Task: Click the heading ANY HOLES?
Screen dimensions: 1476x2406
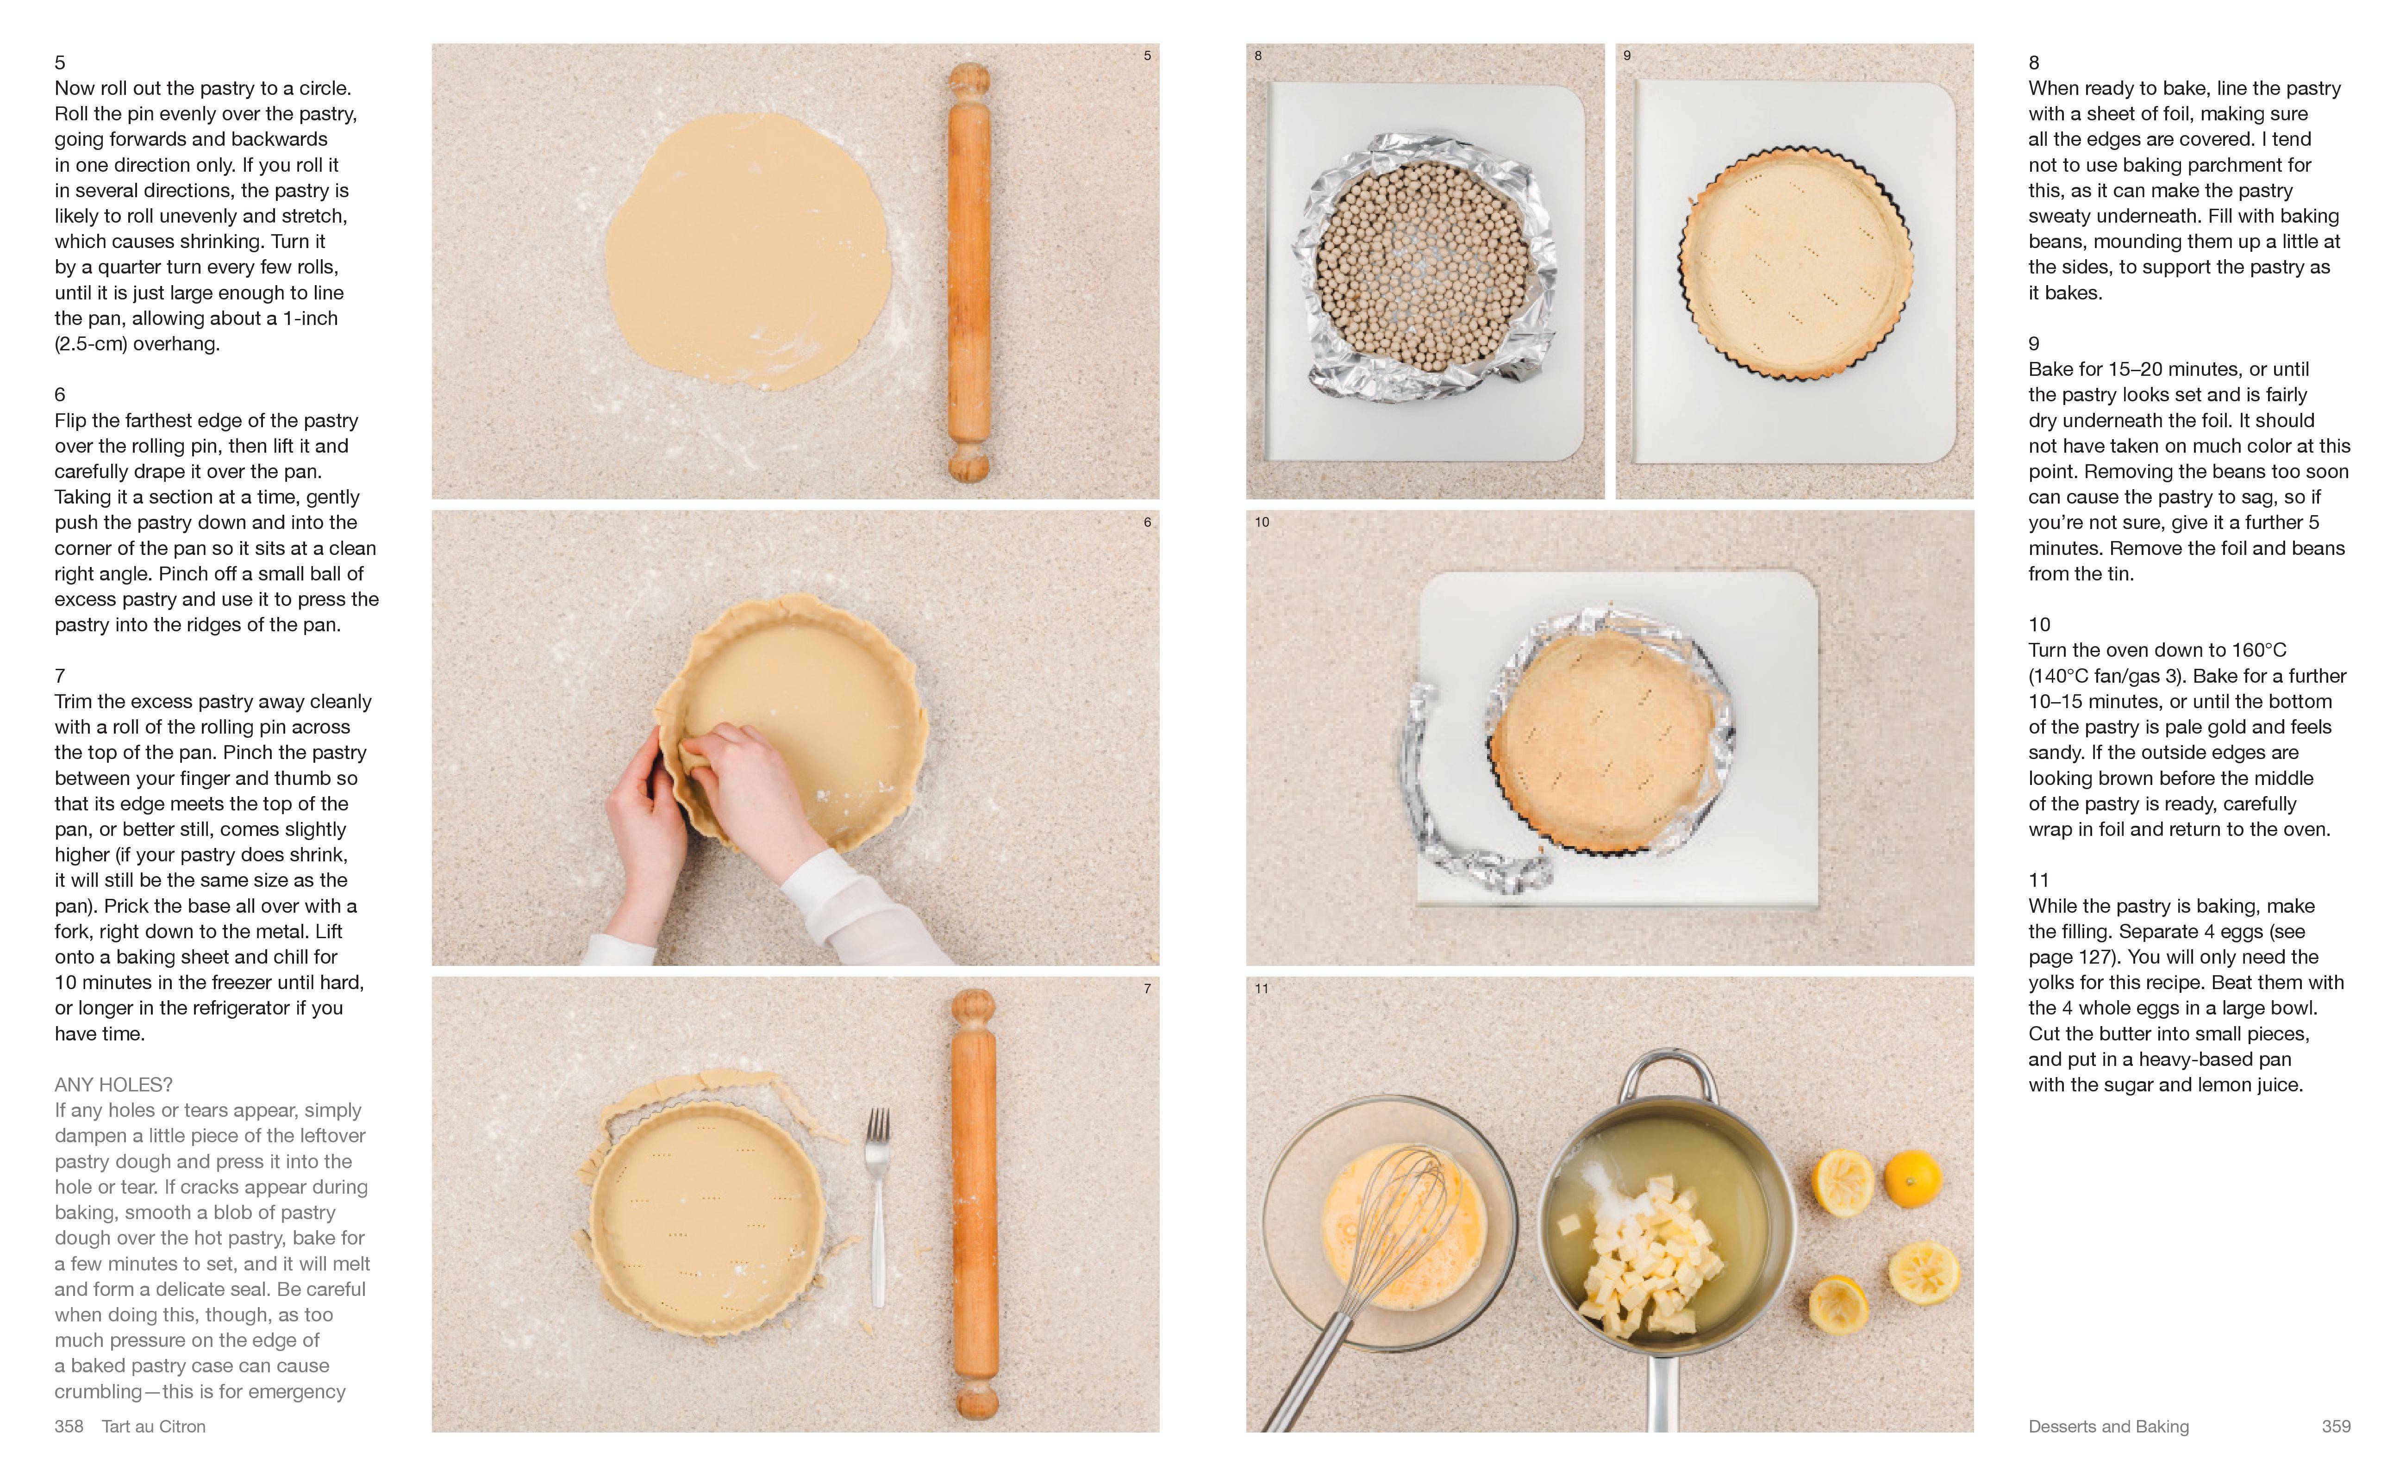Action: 113,1084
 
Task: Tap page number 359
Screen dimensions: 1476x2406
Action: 2336,1426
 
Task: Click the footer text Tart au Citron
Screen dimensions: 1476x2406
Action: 153,1426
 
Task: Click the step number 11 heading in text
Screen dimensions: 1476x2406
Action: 2039,879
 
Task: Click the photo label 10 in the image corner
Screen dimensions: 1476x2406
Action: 1262,522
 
